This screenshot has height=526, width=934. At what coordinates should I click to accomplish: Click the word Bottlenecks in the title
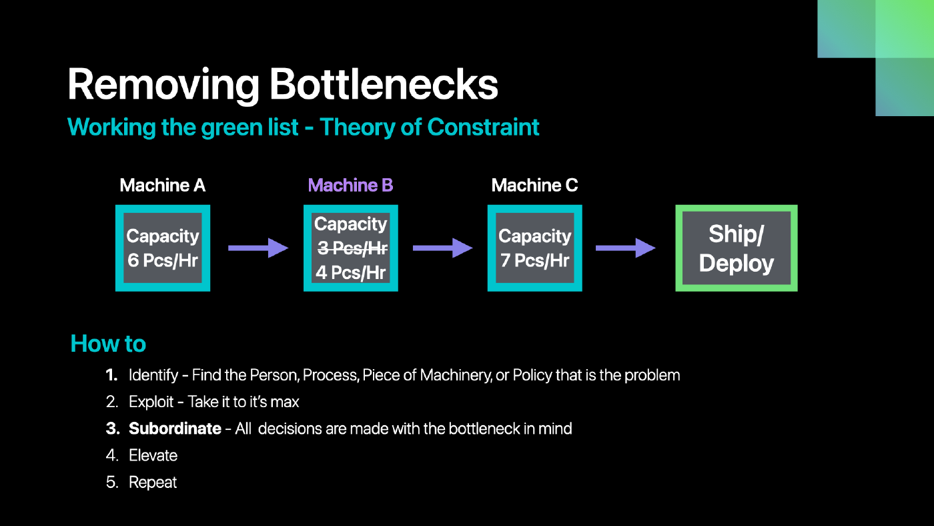click(384, 84)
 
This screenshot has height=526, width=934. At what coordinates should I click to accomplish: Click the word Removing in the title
click(163, 85)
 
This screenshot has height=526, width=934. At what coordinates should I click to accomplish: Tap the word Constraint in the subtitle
click(483, 127)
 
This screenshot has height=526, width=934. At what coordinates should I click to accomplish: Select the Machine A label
click(163, 185)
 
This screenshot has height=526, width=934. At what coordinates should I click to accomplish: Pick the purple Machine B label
click(351, 185)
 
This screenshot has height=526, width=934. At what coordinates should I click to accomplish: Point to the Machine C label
click(534, 185)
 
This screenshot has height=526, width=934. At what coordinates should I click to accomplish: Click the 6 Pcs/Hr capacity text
click(163, 260)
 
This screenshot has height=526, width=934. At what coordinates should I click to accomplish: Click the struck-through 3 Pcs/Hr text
click(352, 248)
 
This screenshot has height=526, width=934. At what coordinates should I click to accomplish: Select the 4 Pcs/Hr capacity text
click(351, 272)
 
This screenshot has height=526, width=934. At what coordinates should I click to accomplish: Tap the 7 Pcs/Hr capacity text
click(534, 260)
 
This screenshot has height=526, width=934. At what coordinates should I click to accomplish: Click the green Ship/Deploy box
click(737, 248)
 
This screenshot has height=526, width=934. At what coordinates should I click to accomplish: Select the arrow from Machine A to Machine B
click(258, 248)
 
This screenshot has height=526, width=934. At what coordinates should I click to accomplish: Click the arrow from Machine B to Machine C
click(443, 248)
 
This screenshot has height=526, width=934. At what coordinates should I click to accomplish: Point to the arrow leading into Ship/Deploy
click(626, 248)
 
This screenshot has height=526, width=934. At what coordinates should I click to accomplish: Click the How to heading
click(108, 344)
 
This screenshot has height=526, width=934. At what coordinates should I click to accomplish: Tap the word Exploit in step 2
click(151, 402)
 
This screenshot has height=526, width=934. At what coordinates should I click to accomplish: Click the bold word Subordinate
click(175, 429)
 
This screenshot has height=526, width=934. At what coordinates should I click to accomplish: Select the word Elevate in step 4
click(153, 455)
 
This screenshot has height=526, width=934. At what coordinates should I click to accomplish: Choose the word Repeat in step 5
click(153, 483)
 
